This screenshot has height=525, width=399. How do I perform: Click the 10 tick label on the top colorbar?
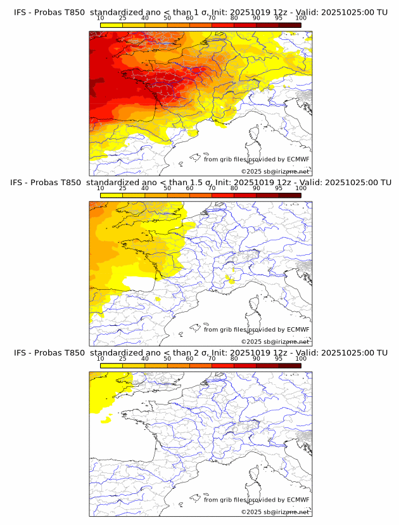tap(100, 18)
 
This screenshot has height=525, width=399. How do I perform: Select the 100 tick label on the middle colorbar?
tap(301, 188)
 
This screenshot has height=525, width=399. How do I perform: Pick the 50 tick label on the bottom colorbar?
tap(167, 358)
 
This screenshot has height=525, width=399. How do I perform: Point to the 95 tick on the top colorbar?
tap(279, 18)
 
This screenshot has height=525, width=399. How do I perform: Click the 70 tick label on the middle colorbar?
tap(212, 188)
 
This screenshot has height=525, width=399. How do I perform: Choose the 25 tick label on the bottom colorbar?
tap(122, 358)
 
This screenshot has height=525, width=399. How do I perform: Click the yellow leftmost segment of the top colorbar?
tap(111, 25)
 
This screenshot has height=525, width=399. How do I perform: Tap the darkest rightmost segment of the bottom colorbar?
tap(289, 365)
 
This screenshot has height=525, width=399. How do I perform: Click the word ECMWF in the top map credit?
tap(298, 159)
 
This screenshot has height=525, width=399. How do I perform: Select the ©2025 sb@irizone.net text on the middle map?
tap(275, 342)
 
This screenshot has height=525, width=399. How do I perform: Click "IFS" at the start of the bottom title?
tap(20, 353)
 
